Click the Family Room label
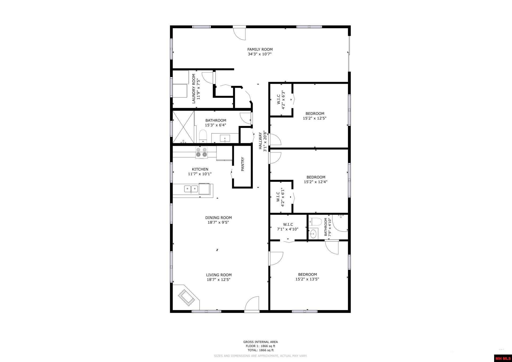(260, 49)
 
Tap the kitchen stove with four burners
(202, 152)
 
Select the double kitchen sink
(191, 189)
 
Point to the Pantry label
(243, 164)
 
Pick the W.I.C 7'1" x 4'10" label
(288, 227)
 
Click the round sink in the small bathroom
(313, 234)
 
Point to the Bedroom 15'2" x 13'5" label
(307, 277)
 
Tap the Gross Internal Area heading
(260, 342)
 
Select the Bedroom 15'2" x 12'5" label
(315, 116)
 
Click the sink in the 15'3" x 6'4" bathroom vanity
(225, 138)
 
